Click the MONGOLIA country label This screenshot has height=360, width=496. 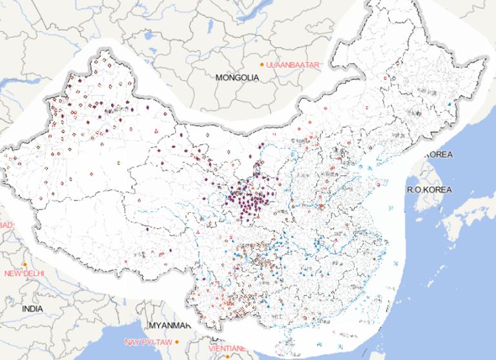pyautogui.click(x=237, y=78)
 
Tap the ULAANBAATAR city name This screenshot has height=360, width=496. pyautogui.click(x=290, y=65)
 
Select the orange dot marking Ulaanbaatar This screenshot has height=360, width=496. pyautogui.click(x=262, y=65)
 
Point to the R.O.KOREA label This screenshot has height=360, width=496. pyautogui.click(x=429, y=189)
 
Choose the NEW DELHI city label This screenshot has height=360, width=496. pyautogui.click(x=25, y=273)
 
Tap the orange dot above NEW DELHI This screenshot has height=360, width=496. pyautogui.click(x=25, y=264)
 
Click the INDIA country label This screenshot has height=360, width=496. pyautogui.click(x=32, y=309)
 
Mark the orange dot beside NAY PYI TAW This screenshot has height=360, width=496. pyautogui.click(x=176, y=341)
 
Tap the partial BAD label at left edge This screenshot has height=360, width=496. pyautogui.click(x=6, y=224)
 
